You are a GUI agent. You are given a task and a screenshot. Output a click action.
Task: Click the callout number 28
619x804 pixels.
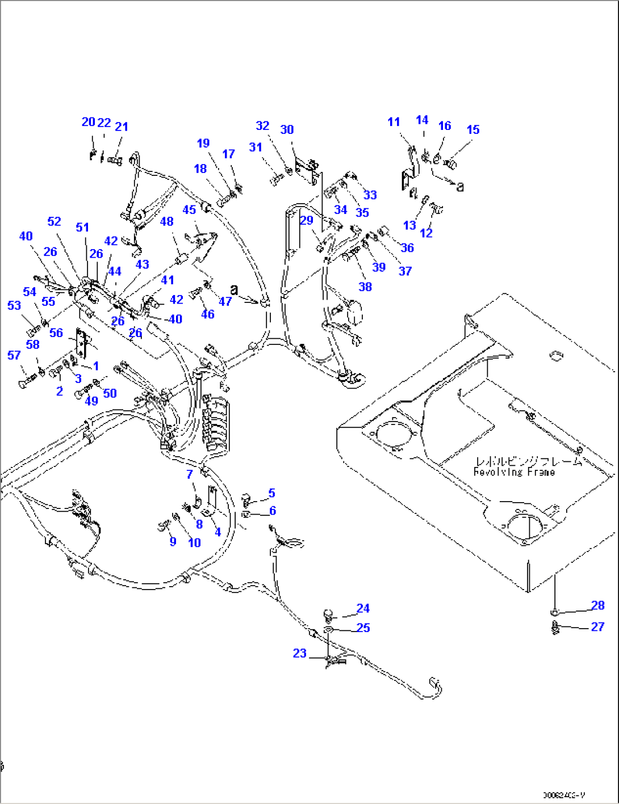click(597, 605)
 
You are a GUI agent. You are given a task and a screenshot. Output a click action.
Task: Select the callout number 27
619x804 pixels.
click(597, 626)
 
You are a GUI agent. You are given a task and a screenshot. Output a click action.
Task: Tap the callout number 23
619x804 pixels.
click(300, 653)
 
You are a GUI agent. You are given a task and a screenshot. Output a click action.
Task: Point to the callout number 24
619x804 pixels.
click(363, 608)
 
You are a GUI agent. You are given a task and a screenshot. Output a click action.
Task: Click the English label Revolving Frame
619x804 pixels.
click(514, 472)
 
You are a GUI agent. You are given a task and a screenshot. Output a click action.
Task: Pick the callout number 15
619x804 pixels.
click(472, 129)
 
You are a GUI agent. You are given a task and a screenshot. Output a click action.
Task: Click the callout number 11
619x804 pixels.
click(394, 121)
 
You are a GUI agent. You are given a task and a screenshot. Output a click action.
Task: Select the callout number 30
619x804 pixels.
click(287, 129)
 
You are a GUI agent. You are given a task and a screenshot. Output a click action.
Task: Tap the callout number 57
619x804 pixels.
click(14, 355)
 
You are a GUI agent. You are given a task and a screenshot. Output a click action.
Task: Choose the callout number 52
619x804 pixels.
click(54, 221)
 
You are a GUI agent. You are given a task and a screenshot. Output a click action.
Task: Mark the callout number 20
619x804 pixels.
click(88, 122)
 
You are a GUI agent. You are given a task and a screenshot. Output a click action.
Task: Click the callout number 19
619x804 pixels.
click(203, 143)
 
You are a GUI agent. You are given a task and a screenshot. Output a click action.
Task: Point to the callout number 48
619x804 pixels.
click(166, 221)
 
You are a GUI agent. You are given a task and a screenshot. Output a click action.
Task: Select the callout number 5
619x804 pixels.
click(272, 493)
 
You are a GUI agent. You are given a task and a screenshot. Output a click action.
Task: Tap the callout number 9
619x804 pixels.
click(173, 541)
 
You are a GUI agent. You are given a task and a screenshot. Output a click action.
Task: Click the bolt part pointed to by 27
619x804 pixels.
click(555, 628)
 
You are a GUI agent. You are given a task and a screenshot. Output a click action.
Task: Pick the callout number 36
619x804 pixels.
click(407, 247)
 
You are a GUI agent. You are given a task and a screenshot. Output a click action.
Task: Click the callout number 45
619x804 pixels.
click(189, 210)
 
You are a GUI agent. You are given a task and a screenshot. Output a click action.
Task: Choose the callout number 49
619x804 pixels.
click(91, 401)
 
